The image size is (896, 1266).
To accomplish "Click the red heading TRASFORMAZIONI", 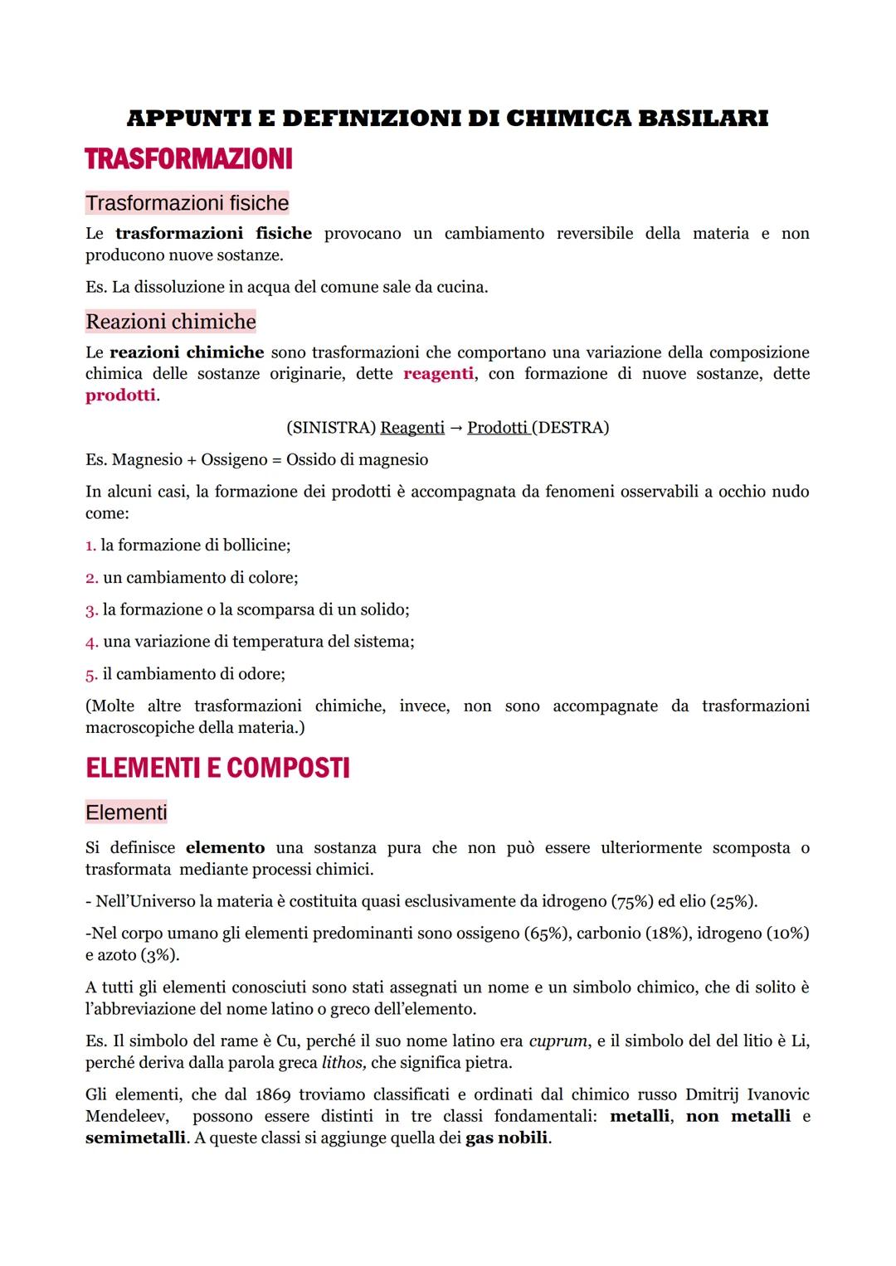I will click(188, 159).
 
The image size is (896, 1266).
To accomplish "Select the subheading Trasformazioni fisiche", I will click(187, 203).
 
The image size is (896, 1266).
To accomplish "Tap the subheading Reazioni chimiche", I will click(170, 322).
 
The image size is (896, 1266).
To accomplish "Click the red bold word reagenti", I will click(438, 374).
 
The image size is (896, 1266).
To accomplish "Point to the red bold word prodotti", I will click(120, 395).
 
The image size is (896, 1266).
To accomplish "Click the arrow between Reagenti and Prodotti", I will click(455, 428).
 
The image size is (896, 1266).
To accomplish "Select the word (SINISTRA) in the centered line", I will click(330, 428).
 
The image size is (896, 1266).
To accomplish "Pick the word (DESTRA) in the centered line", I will click(571, 428).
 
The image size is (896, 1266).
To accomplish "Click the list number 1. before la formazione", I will click(90, 546).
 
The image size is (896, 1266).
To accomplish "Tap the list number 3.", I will click(91, 610).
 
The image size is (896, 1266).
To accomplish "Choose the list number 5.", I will click(91, 675).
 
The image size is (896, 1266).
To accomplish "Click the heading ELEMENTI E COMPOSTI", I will click(217, 769).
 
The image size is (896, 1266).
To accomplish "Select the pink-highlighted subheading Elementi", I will click(126, 812).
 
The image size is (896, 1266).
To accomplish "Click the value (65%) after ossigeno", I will click(547, 934).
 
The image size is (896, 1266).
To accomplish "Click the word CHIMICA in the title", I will click(567, 119).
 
